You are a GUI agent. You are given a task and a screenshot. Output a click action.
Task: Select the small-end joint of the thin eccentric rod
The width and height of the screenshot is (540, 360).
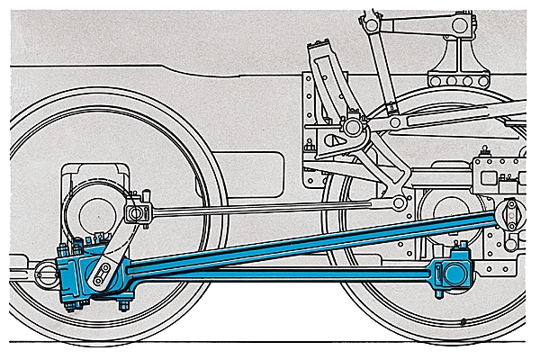click(138, 213)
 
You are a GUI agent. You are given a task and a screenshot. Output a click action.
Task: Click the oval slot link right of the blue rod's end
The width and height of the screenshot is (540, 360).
click(511, 216)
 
